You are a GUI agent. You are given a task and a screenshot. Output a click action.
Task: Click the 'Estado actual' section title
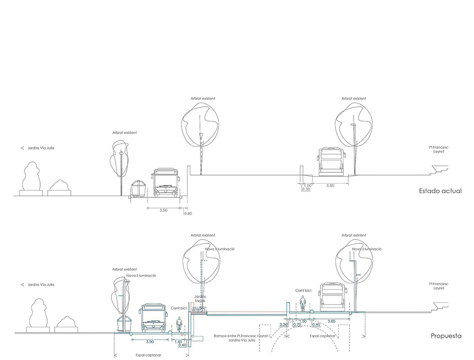[x=440, y=191]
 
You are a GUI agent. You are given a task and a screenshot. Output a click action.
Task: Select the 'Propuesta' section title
[x=446, y=336]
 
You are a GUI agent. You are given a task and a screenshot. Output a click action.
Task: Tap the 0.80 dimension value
[x=188, y=213]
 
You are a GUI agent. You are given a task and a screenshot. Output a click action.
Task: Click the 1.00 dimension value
[x=307, y=185]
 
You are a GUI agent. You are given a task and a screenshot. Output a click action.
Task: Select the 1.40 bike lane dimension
[x=178, y=342]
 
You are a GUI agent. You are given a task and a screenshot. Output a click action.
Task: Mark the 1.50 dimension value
[x=303, y=321]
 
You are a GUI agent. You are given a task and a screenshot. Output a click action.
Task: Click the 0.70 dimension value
[x=297, y=325]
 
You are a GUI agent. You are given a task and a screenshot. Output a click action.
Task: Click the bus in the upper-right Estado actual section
[x=331, y=162]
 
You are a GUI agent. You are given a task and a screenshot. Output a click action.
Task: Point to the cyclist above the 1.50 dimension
[x=303, y=306]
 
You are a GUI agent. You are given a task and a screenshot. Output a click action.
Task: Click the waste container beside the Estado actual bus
[x=138, y=188]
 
